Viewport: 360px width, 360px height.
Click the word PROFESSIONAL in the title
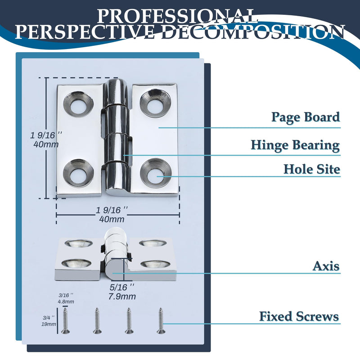[x=177, y=16]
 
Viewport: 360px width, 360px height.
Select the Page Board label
[x=306, y=117]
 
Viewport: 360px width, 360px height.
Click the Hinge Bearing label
[x=295, y=145]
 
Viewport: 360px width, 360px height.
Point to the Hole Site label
[x=312, y=169]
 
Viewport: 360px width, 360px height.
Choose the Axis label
[x=326, y=266]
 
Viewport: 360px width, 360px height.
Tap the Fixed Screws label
[x=299, y=316]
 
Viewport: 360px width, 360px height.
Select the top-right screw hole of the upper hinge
[x=155, y=103]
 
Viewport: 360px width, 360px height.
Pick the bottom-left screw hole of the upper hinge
[x=78, y=173]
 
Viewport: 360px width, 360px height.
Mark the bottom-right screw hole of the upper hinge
[x=156, y=173]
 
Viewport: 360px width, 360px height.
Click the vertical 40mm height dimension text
[x=46, y=144]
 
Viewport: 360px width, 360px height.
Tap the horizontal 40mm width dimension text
[x=112, y=219]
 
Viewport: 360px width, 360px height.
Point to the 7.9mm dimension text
[x=122, y=297]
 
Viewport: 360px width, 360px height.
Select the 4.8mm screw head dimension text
[x=66, y=301]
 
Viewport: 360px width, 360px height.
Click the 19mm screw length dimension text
[x=49, y=324]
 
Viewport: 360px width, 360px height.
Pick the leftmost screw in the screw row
[x=65, y=321]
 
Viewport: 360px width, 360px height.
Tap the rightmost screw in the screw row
[x=161, y=321]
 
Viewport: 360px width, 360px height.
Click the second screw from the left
[x=97, y=321]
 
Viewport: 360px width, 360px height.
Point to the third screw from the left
[x=129, y=321]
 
